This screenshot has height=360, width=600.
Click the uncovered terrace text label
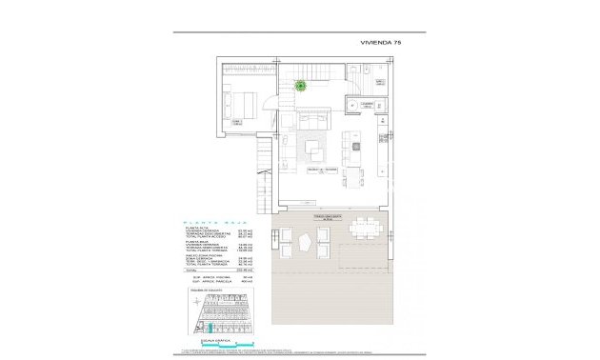click(x=307, y=217)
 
